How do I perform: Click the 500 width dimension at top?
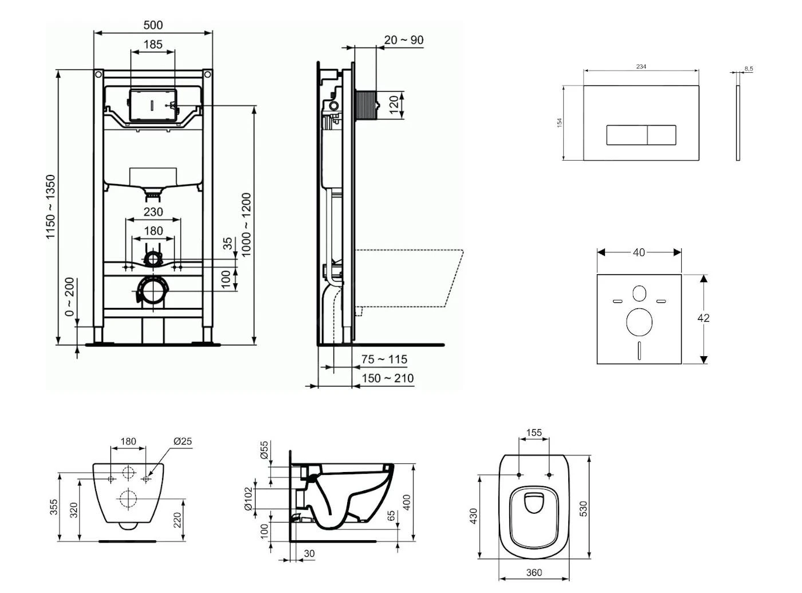153,25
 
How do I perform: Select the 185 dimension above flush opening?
153,44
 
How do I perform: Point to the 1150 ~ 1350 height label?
52,207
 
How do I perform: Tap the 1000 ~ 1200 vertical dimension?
246,225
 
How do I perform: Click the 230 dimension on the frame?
153,212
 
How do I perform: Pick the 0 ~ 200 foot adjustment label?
69,296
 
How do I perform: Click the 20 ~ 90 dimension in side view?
404,40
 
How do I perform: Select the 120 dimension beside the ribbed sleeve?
394,105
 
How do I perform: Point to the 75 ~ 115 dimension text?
384,360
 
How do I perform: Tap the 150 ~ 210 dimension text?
387,379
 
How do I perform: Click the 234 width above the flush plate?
641,67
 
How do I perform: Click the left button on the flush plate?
627,135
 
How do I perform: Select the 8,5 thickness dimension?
749,69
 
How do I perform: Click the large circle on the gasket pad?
639,322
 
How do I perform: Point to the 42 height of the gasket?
703,318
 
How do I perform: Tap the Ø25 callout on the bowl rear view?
182,442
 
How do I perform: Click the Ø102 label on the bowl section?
248,499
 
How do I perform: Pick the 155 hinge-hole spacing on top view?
534,433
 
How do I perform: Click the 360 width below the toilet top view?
534,572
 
